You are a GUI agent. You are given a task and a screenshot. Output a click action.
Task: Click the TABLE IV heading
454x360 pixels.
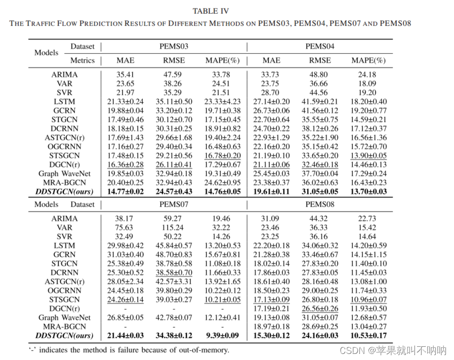pyautogui.click(x=211, y=11)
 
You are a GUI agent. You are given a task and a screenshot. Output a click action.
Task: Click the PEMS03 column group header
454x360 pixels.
pyautogui.click(x=174, y=47)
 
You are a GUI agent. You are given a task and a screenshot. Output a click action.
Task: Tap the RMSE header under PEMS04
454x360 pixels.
pyautogui.click(x=320, y=60)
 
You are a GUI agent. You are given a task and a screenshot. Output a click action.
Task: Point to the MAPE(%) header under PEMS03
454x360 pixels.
pyautogui.click(x=222, y=60)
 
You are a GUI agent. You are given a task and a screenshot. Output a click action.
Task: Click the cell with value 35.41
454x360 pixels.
pyautogui.click(x=126, y=74)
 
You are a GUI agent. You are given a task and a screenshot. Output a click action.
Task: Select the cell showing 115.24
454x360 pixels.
pyautogui.click(x=174, y=227)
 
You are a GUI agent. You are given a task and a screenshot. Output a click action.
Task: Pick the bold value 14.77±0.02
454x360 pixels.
pyautogui.click(x=126, y=192)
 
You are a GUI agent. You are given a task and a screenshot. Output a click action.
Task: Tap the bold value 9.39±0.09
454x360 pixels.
pyautogui.click(x=222, y=335)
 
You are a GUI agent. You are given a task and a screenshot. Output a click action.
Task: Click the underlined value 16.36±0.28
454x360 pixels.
pyautogui.click(x=126, y=165)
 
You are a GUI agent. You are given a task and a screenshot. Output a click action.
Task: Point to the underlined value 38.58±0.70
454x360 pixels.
pyautogui.click(x=174, y=272)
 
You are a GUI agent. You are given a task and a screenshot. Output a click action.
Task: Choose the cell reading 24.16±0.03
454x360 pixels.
pyautogui.click(x=320, y=335)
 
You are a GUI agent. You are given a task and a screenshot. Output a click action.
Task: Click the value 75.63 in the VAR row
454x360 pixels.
pyautogui.click(x=126, y=227)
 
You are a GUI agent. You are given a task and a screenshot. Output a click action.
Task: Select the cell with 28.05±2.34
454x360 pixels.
pyautogui.click(x=126, y=282)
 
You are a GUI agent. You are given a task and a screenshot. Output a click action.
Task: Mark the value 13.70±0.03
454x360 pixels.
pyautogui.click(x=368, y=192)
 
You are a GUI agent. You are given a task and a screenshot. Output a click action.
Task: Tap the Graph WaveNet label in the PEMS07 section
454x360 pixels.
pyautogui.click(x=64, y=317)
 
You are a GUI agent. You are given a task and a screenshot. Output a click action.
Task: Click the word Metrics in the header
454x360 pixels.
pyautogui.click(x=82, y=60)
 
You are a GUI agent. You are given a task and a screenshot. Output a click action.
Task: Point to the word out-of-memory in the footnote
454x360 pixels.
pyautogui.click(x=203, y=349)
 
